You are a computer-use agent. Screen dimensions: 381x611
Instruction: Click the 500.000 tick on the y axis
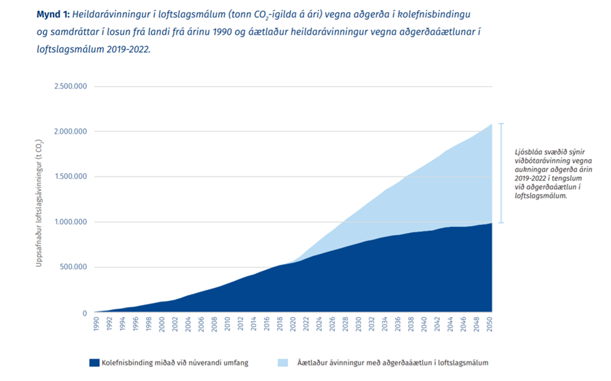pos(73,267)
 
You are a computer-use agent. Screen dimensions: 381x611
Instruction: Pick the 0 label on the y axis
pos(84,313)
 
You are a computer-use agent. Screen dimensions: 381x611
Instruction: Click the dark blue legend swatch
pos(94,363)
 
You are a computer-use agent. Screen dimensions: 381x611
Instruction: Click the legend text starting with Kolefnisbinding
pos(174,363)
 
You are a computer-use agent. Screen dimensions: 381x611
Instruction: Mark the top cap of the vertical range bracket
pos(501,124)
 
